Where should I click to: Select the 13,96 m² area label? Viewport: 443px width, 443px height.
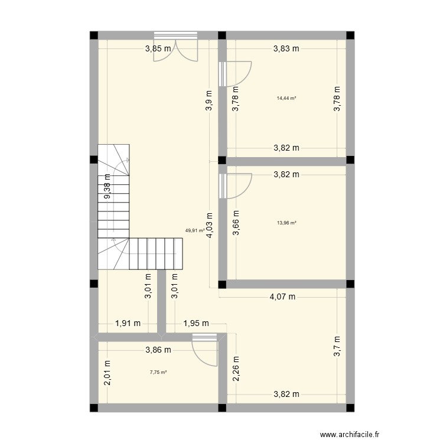[x=286, y=223]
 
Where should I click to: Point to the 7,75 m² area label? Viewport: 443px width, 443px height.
[x=158, y=372]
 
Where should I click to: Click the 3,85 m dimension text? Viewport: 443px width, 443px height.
[x=158, y=49]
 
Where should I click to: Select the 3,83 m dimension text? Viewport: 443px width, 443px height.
[x=286, y=49]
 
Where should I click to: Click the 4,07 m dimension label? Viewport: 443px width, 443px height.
[x=282, y=297]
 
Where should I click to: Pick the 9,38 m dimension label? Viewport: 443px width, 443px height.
[x=107, y=186]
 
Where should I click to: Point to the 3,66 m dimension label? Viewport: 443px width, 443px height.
[x=236, y=223]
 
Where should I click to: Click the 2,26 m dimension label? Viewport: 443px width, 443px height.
[x=236, y=369]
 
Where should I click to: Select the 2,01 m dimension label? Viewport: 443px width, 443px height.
[x=107, y=373]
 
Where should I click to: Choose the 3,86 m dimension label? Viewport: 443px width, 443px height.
[x=158, y=350]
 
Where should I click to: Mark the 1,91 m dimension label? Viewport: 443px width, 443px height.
[x=128, y=323]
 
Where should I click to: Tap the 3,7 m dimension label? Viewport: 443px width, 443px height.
[x=337, y=347]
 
